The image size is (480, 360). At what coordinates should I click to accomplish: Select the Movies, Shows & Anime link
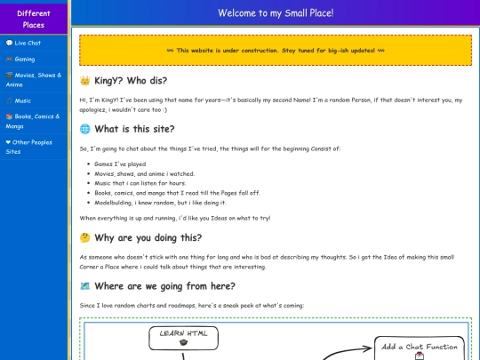point(34,80)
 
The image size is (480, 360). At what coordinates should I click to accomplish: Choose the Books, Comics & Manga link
point(34,120)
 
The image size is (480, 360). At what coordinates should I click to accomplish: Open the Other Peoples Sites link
point(30,146)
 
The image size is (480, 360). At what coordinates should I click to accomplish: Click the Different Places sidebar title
point(34,19)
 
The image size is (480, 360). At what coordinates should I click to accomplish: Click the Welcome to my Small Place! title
point(275,13)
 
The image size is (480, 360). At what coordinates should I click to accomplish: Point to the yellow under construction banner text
point(276,51)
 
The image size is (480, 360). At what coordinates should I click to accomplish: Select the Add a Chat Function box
point(419,347)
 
